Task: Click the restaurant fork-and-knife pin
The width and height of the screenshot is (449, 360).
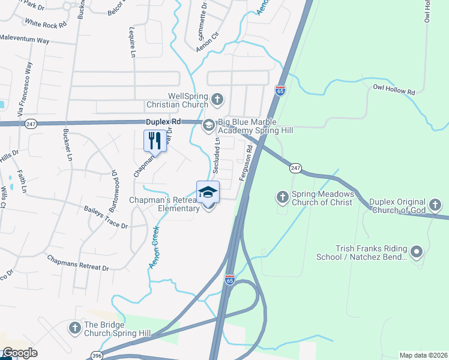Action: coord(155,141)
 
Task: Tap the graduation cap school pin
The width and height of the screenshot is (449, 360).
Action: coord(208,192)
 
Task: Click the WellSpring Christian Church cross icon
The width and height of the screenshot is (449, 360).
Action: coord(217,99)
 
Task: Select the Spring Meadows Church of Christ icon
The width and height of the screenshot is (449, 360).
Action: coord(282,196)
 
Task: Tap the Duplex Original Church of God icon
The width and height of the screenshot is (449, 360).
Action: coord(436,205)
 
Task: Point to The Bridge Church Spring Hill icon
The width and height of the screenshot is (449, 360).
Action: coord(74,328)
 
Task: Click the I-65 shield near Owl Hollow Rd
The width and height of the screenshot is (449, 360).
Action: coord(280,91)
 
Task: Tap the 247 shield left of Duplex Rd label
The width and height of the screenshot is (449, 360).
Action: coord(32,124)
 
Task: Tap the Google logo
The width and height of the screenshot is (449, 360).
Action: coord(19,353)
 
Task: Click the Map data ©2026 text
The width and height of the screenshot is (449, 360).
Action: coord(423,355)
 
